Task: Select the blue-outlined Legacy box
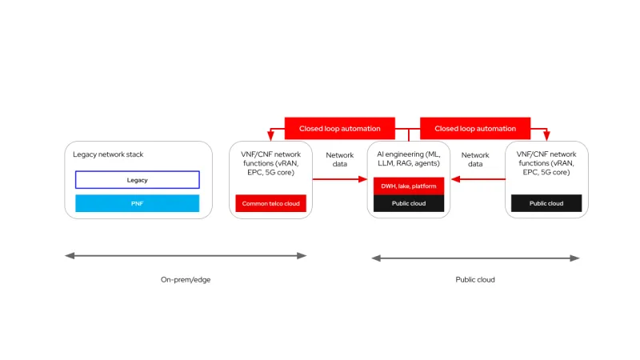(138, 180)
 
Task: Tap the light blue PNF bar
(138, 203)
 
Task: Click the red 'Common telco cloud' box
(270, 203)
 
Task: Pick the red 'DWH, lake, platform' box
(408, 186)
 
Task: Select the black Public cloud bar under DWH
(408, 203)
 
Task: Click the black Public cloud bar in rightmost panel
(546, 203)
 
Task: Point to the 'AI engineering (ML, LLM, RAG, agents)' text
(408, 159)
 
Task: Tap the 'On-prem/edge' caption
(186, 280)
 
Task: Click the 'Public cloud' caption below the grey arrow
(475, 280)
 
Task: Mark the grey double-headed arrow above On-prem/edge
(186, 256)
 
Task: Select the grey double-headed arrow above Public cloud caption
(475, 258)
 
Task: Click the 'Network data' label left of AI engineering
(340, 159)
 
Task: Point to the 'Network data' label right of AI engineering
(475, 159)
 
